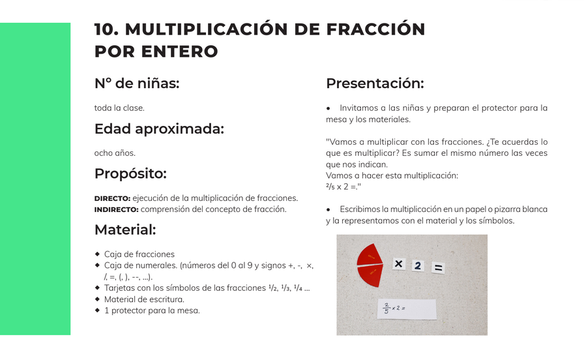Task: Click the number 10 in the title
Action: pos(106,29)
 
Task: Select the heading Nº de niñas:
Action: pos(137,83)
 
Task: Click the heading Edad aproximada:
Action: pos(159,129)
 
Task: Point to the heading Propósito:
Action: pos(130,173)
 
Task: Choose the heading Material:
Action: pos(125,230)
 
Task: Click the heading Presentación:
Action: pos(375,83)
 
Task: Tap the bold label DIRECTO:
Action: pos(112,198)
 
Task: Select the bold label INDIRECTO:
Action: pos(116,209)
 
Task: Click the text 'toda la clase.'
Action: pos(119,108)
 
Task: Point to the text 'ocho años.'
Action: pos(115,153)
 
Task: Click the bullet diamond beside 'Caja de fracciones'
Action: pos(98,254)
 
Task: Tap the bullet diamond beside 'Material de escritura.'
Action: pos(98,299)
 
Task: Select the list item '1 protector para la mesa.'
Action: pos(152,310)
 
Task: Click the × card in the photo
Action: pos(398,264)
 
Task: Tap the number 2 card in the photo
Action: pos(418,265)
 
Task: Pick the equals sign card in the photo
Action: pos(439,267)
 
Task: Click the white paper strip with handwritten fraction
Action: pos(406,309)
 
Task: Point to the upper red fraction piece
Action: pos(370,254)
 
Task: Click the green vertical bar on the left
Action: pos(35,179)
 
